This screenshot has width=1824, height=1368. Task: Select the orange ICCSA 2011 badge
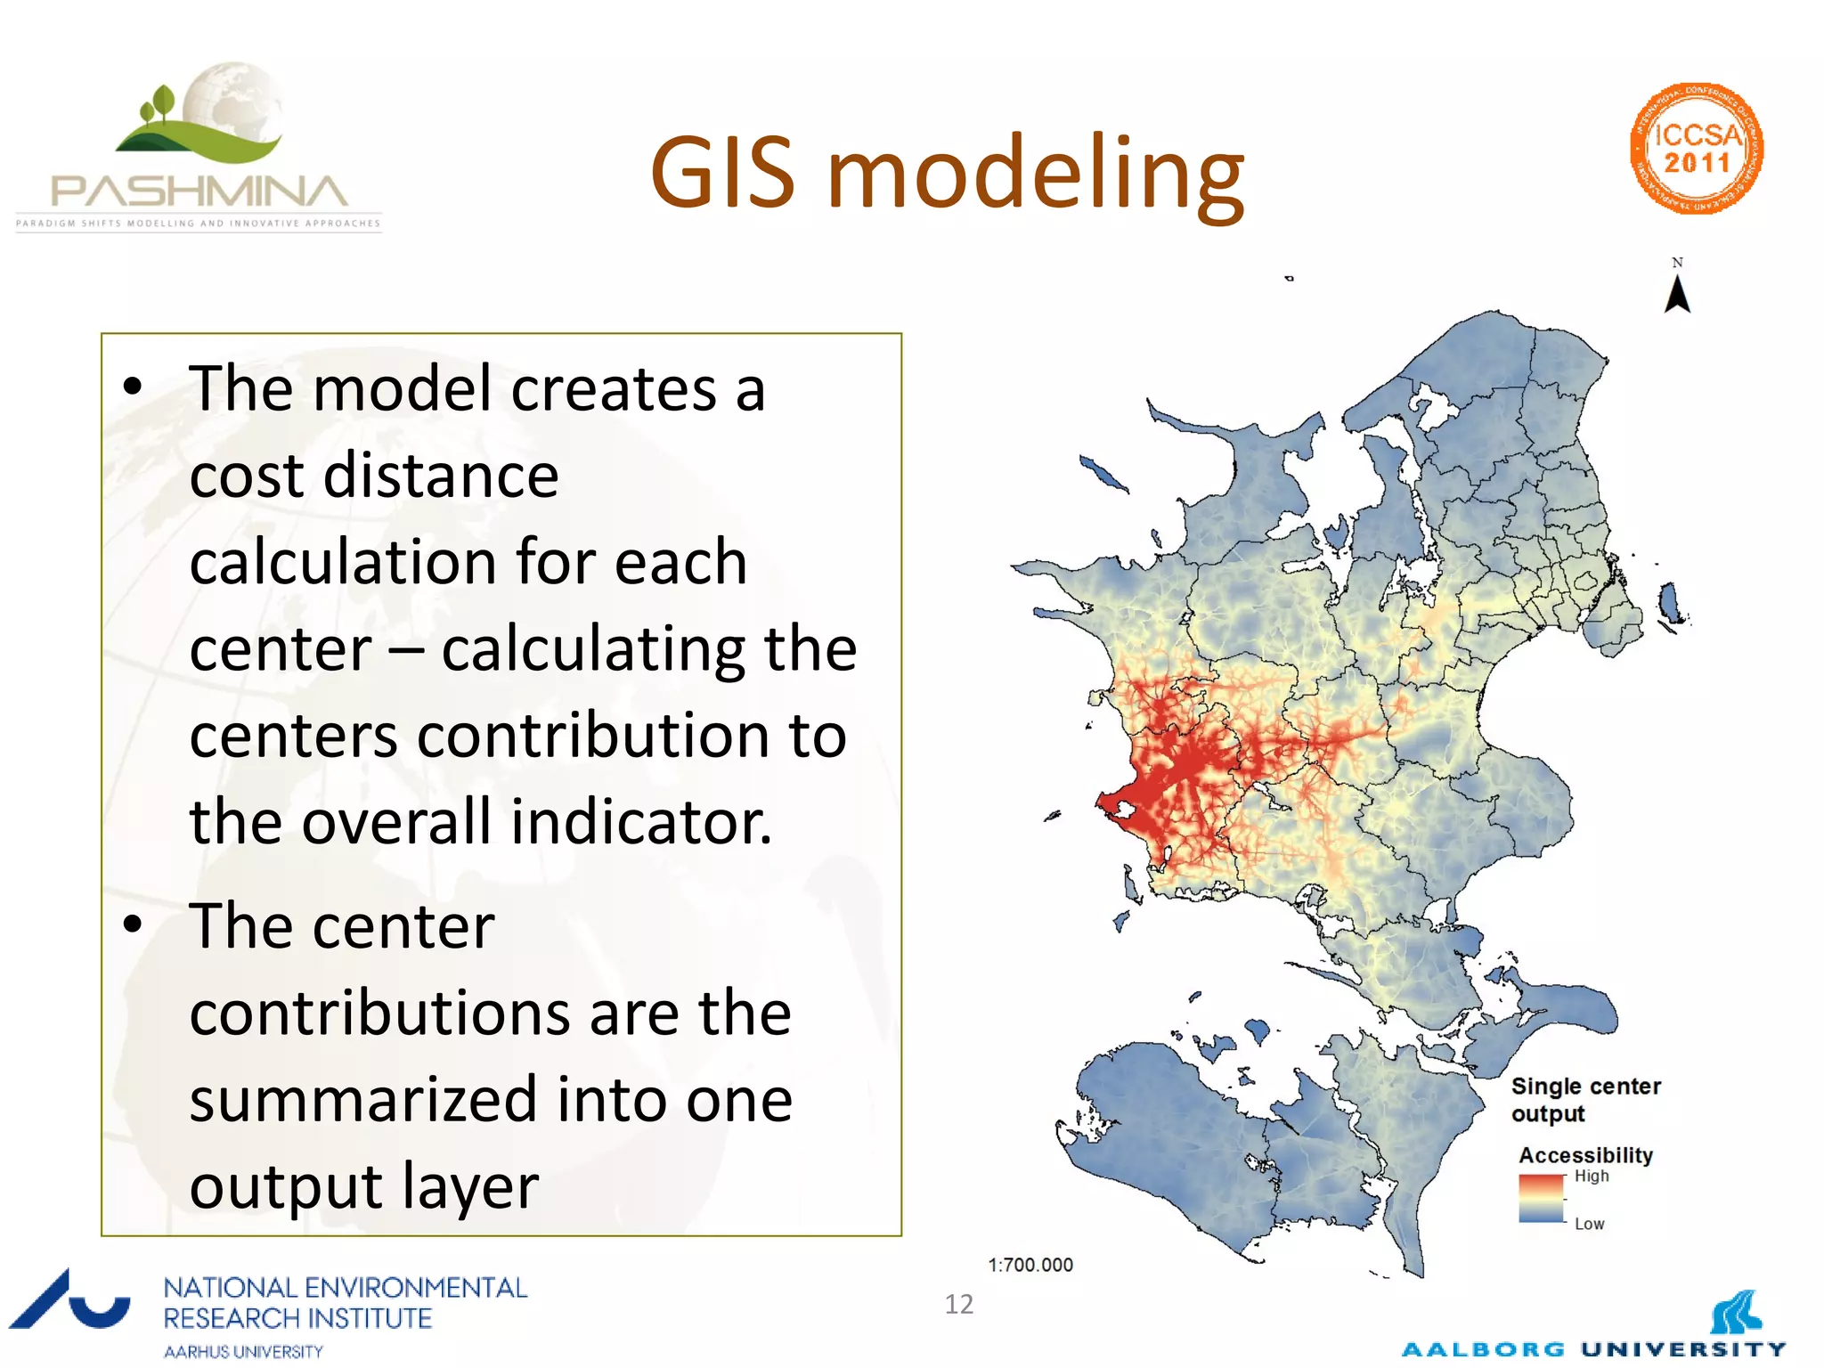[1697, 149]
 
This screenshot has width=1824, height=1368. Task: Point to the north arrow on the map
[1677, 296]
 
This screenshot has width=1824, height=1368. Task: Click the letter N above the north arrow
[1677, 263]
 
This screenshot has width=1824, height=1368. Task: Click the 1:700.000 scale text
[1030, 1265]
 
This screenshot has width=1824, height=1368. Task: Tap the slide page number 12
[959, 1304]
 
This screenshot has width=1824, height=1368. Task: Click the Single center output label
[1585, 1100]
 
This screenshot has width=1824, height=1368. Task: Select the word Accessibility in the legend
[1585, 1155]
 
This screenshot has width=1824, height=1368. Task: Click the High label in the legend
[1592, 1176]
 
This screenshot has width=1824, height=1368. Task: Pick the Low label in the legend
[1589, 1224]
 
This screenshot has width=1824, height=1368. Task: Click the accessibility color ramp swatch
[1541, 1199]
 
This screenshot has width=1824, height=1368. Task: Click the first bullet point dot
[133, 387]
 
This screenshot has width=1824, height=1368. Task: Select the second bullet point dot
[133, 924]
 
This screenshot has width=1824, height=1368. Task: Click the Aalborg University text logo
[1593, 1348]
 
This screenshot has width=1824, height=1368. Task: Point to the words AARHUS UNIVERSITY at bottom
[243, 1351]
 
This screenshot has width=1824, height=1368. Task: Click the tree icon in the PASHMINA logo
[160, 103]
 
